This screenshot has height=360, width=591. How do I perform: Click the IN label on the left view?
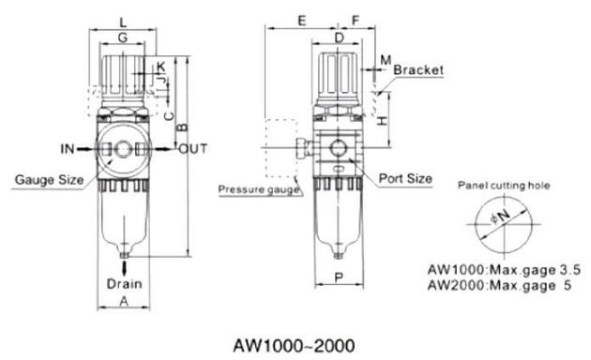coord(69,149)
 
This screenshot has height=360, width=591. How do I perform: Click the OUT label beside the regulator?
coord(193,149)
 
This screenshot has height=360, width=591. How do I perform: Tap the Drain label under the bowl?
coord(124,283)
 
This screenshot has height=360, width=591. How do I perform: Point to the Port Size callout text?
coord(405,177)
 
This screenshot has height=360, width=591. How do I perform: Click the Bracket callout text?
coord(417,70)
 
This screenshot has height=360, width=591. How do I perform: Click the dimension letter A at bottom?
coord(124,300)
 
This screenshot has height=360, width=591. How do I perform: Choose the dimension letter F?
coord(356,20)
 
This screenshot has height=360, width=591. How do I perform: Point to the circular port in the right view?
coord(338,148)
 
